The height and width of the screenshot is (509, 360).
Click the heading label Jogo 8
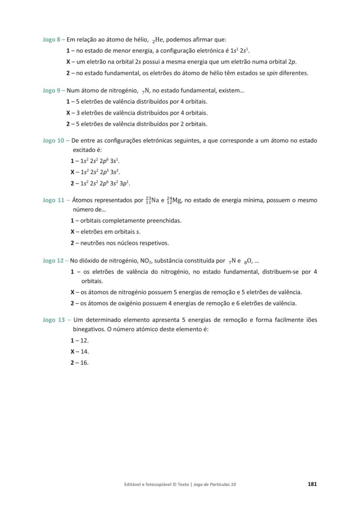coord(51,40)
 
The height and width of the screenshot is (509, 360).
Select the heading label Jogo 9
coord(51,91)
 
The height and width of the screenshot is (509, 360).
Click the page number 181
coord(312,484)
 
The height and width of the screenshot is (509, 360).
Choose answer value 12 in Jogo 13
coord(85,341)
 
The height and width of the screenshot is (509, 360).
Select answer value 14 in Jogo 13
coord(85,352)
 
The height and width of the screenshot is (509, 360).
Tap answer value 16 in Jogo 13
coord(85,363)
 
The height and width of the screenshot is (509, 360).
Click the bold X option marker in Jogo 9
coord(68,113)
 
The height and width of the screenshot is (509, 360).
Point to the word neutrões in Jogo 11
coord(93,243)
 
